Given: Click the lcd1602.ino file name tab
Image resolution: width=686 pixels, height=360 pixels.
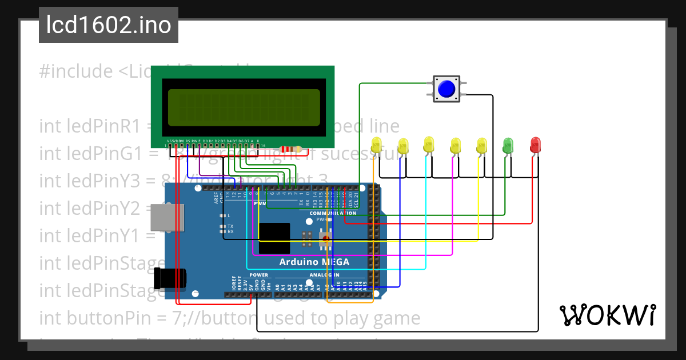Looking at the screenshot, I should pyautogui.click(x=109, y=25).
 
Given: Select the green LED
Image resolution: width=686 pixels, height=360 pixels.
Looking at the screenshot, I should pyautogui.click(x=507, y=145).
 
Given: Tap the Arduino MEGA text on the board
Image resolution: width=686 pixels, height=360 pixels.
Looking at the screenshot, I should pyautogui.click(x=314, y=262).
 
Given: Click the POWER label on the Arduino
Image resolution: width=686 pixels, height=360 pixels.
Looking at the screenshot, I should pyautogui.click(x=258, y=275).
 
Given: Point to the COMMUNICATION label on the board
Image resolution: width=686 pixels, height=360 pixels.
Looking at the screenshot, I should pyautogui.click(x=333, y=213).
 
